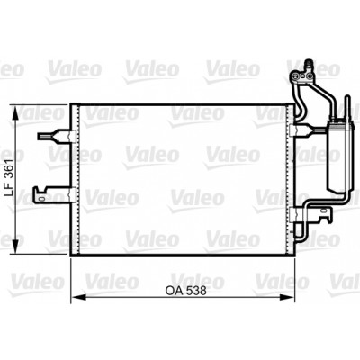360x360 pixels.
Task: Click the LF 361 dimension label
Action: click(10, 177)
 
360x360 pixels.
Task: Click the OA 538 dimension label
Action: click(185, 291)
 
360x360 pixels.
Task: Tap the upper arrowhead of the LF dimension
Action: click(15, 112)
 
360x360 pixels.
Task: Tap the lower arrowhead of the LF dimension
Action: click(15, 247)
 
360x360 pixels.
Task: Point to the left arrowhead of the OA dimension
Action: click(78, 297)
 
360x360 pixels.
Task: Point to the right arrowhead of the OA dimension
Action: click(287, 297)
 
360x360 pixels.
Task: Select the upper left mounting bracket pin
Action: click(56, 136)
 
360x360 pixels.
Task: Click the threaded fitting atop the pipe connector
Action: click(309, 66)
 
